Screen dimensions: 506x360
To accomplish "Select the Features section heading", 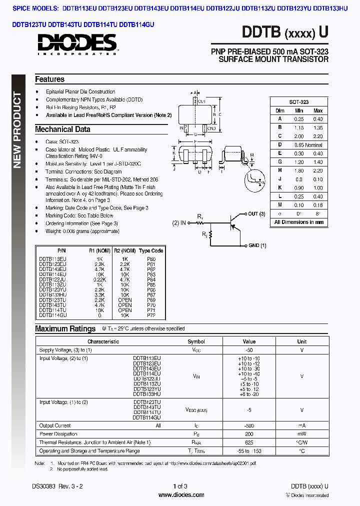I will [49, 79].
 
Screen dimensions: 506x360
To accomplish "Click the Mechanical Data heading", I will [62, 129].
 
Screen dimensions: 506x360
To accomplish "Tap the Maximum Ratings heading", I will [65, 329].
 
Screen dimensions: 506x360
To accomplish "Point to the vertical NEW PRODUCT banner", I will [17, 130].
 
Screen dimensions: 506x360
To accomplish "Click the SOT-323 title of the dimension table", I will [299, 101].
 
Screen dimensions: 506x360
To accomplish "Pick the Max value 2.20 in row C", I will [317, 136].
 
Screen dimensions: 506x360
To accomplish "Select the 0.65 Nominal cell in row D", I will [308, 145].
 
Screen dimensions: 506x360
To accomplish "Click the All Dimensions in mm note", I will [299, 222].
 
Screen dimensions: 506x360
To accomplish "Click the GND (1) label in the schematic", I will [257, 245].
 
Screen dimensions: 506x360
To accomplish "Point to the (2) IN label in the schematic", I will [179, 222].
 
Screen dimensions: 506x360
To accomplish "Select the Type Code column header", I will [151, 251].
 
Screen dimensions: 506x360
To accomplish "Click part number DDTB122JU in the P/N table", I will [52, 280].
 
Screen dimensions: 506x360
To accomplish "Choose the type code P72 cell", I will [151, 315].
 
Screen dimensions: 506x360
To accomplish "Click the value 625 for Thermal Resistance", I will [249, 442].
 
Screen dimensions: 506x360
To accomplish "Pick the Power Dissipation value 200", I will [249, 434].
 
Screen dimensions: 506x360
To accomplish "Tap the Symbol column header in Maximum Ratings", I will [196, 342].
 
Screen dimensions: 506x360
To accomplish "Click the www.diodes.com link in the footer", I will [180, 495].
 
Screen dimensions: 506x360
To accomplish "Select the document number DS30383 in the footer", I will [44, 486].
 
